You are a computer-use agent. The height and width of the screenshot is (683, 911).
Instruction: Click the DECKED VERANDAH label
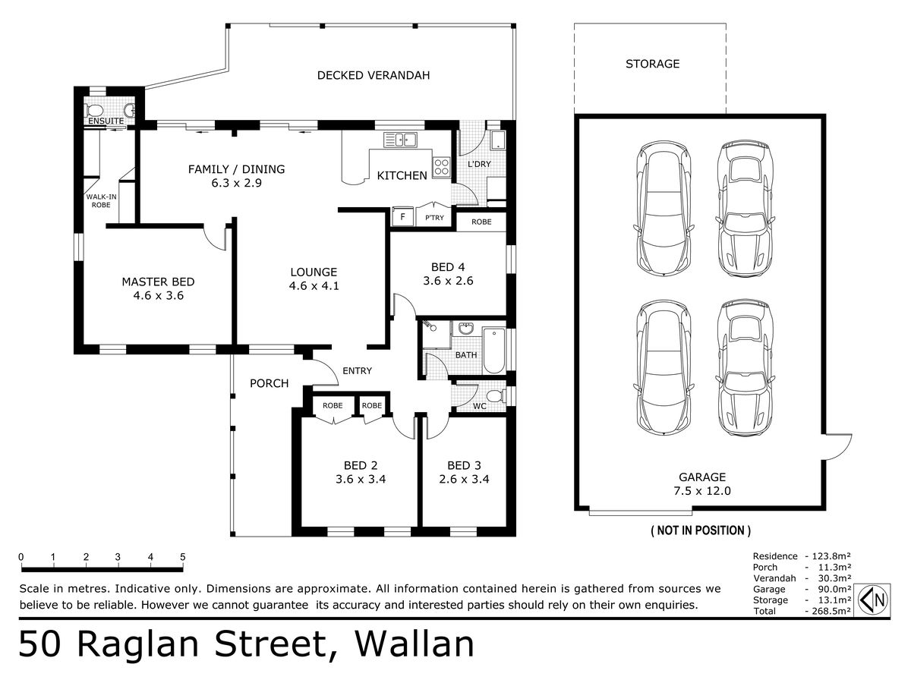click(373, 75)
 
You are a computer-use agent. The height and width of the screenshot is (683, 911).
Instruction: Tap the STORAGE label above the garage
click(652, 64)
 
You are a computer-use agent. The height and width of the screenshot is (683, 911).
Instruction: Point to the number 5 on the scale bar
click(183, 557)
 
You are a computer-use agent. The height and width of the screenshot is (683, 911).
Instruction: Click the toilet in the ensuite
click(94, 110)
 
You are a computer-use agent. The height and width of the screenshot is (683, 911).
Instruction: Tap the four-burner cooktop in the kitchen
click(442, 167)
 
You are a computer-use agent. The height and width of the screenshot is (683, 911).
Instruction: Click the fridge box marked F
click(402, 216)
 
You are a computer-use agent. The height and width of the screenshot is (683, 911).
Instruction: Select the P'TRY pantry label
click(434, 218)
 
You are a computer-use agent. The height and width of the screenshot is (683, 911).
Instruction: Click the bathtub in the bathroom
click(494, 351)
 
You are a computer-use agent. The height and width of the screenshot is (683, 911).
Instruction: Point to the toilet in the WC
click(496, 396)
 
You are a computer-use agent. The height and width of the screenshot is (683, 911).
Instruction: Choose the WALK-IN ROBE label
click(101, 200)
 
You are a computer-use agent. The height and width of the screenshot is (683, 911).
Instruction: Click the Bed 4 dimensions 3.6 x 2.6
click(448, 281)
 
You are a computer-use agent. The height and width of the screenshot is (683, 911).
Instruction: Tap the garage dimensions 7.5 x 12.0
click(701, 491)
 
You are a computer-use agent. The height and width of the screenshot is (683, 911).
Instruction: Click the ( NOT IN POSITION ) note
click(701, 530)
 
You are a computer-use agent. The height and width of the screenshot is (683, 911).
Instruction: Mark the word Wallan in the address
click(414, 644)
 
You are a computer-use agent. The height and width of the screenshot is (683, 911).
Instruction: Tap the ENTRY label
click(357, 371)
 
